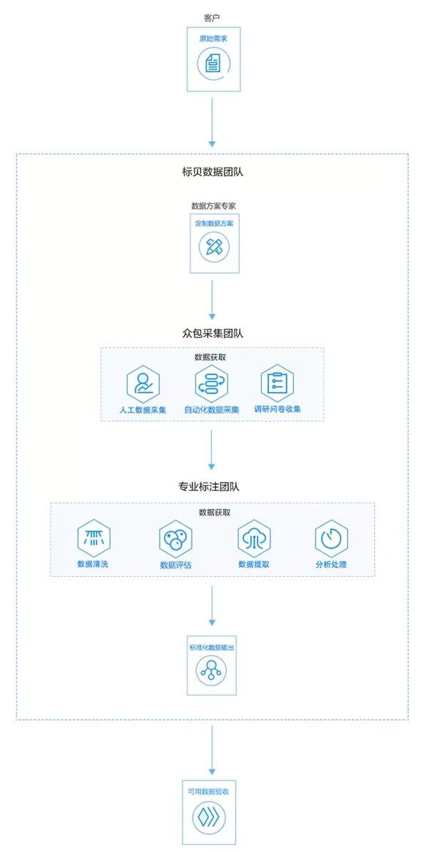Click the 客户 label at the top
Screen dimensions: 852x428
(x=212, y=16)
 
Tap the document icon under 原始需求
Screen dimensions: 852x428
(x=212, y=63)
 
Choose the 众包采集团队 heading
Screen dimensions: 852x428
(x=213, y=333)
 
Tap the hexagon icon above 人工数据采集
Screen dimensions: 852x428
(x=143, y=384)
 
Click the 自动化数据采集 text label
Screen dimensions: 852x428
(x=212, y=410)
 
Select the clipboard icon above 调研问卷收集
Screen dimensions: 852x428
(x=277, y=383)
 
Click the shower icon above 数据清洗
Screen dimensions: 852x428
(x=94, y=538)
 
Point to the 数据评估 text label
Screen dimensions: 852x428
(x=175, y=565)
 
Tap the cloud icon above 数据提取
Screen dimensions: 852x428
(x=254, y=538)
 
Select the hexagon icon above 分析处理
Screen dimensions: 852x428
(x=332, y=538)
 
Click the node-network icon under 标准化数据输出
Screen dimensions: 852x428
(x=211, y=670)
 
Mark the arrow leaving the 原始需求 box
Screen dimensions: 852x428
(x=212, y=121)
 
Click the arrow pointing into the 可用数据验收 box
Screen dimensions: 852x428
(x=212, y=750)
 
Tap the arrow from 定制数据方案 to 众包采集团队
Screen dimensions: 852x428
(x=212, y=299)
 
